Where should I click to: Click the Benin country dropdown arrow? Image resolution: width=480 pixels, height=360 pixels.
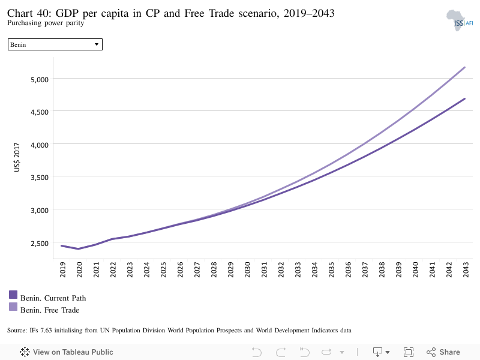point(97,44)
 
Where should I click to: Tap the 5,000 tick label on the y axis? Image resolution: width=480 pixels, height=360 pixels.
point(40,80)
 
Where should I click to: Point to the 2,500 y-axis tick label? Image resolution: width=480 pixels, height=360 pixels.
point(40,244)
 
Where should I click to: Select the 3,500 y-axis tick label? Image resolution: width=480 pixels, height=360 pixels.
point(40,178)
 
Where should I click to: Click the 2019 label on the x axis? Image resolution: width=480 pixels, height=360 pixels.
point(62,269)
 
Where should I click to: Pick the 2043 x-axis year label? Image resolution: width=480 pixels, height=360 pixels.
point(466,269)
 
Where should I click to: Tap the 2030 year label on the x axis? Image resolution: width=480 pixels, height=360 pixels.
point(247,269)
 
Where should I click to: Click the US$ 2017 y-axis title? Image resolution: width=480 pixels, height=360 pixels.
point(17,157)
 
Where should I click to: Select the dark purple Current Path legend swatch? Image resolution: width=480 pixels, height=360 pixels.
point(13,295)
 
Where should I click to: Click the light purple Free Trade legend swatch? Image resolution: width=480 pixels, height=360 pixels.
point(13,307)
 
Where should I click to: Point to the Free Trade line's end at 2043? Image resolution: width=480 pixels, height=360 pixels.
point(464,67)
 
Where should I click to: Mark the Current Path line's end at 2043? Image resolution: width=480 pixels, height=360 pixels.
point(464,98)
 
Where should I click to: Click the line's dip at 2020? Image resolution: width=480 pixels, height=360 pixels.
point(79,249)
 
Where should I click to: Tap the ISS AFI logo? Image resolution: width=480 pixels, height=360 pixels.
point(460,20)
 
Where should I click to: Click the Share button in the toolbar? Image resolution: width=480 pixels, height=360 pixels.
point(443,352)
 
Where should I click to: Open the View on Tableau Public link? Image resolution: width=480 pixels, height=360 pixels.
point(67,352)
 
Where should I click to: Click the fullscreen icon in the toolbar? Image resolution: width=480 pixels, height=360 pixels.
point(409,352)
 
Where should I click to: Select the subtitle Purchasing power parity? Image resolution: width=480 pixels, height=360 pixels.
point(46,23)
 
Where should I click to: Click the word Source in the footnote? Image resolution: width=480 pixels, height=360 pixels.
point(17,331)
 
